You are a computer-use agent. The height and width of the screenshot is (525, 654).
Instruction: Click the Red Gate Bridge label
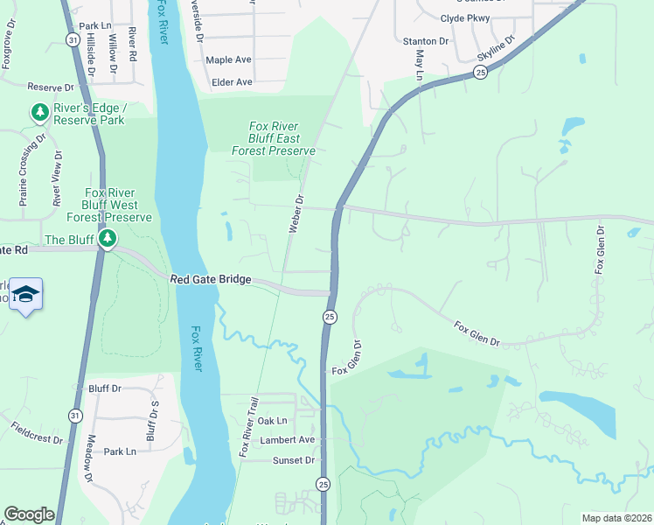[x=211, y=279]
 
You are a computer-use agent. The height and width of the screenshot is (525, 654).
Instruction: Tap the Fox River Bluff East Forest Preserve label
[x=274, y=138]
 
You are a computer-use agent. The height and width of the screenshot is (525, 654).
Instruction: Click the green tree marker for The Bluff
[x=107, y=239]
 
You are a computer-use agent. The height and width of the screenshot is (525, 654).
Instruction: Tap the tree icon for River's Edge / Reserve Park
[x=39, y=112]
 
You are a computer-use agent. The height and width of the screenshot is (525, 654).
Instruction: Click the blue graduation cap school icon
[x=27, y=294]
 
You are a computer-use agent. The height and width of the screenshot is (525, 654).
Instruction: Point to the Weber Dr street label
[x=296, y=214]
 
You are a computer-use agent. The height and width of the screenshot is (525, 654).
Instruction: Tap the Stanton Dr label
[x=425, y=41]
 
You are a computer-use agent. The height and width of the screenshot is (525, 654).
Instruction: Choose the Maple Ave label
[x=228, y=60]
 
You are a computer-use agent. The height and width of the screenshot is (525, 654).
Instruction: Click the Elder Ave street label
[x=232, y=82]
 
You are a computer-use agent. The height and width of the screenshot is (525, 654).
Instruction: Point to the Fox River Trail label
[x=251, y=426]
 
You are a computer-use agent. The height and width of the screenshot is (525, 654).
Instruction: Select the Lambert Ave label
[x=293, y=440]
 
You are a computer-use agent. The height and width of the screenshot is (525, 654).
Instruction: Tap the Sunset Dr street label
[x=293, y=460]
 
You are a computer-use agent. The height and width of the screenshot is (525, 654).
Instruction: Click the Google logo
[x=29, y=514]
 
